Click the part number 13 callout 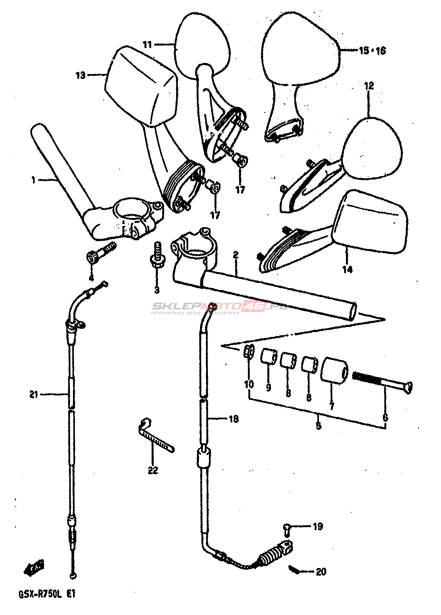tap(80, 75)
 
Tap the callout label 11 tap(147, 45)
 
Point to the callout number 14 tap(347, 269)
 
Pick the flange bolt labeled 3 tap(157, 255)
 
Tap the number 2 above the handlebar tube tap(235, 255)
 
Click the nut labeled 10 tap(249, 351)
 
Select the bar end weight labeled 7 tap(334, 370)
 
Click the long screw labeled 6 tap(384, 384)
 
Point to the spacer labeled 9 tap(269, 357)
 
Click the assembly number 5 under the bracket tap(318, 426)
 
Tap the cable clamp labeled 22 tap(155, 437)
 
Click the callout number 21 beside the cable tap(34, 394)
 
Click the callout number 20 tap(321, 572)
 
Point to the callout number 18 tap(234, 419)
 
